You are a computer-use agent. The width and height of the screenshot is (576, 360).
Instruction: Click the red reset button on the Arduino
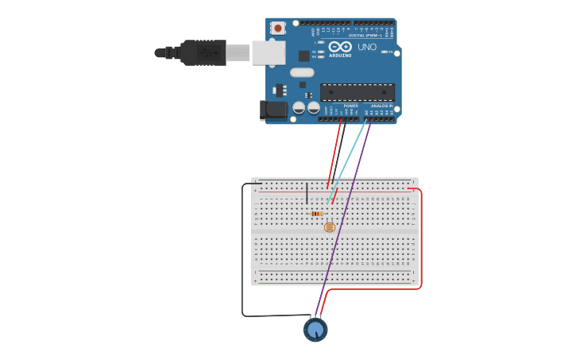277,28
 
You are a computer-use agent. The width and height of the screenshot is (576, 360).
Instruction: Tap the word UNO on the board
367,47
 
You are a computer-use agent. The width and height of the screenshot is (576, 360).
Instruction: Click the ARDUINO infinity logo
340,47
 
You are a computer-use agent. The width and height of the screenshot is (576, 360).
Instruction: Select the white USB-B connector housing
269,52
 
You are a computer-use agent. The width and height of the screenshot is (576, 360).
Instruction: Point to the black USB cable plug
203,52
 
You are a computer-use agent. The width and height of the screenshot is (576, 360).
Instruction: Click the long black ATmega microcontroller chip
357,92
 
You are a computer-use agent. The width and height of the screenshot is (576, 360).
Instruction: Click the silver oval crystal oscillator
302,72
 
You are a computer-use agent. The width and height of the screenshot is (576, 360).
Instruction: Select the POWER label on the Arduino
350,106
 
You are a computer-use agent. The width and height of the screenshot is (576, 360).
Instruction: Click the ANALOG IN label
381,106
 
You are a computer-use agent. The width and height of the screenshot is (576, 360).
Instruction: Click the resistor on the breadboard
317,213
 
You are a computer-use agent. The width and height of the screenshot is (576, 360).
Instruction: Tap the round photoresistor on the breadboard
329,227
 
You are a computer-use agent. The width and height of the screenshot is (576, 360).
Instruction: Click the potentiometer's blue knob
315,329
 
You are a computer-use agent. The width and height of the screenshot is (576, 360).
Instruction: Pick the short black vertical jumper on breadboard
307,192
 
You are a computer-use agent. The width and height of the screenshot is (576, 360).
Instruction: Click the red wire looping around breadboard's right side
420,238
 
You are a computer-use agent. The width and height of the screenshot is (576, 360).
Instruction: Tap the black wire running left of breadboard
242,254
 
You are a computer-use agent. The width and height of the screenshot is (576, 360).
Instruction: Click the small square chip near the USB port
303,56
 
